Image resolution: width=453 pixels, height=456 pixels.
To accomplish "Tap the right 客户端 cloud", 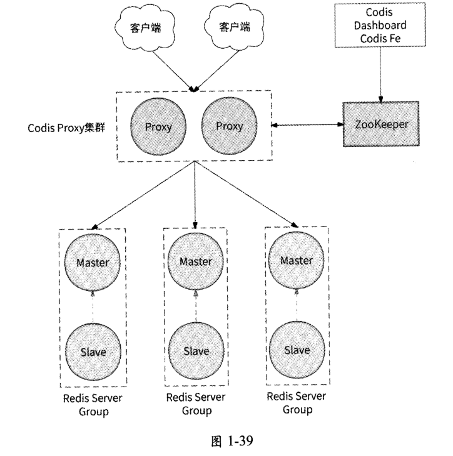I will point(233,28).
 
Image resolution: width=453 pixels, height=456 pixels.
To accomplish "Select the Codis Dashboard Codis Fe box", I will point(380,25).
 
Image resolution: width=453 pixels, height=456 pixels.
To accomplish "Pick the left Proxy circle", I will point(158,126).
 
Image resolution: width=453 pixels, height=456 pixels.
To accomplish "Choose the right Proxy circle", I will point(229,126).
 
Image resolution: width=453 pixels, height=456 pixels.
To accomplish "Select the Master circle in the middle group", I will point(195,262).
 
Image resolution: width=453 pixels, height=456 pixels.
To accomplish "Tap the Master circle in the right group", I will point(297,260).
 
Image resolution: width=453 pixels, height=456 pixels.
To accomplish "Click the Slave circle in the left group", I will point(93,351).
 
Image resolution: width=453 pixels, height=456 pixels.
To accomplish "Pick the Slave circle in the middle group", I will point(195,351).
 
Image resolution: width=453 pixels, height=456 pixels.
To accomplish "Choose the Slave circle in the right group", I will point(297,349).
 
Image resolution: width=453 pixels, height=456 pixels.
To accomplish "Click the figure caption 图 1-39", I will point(227,442).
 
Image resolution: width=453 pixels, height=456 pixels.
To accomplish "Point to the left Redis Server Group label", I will point(93,405).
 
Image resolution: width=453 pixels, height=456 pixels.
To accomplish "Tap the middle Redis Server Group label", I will point(196,404).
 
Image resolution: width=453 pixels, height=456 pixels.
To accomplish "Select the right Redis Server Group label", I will point(297,403).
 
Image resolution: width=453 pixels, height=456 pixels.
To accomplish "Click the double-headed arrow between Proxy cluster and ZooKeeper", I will point(308,126).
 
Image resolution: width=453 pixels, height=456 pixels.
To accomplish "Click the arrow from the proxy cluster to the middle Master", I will point(196,194).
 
